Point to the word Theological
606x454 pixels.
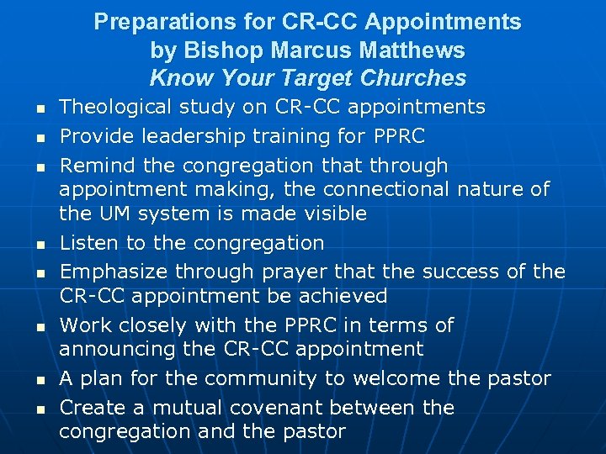(x=121, y=107)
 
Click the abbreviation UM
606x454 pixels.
(x=109, y=214)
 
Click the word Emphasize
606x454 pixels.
(x=109, y=272)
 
